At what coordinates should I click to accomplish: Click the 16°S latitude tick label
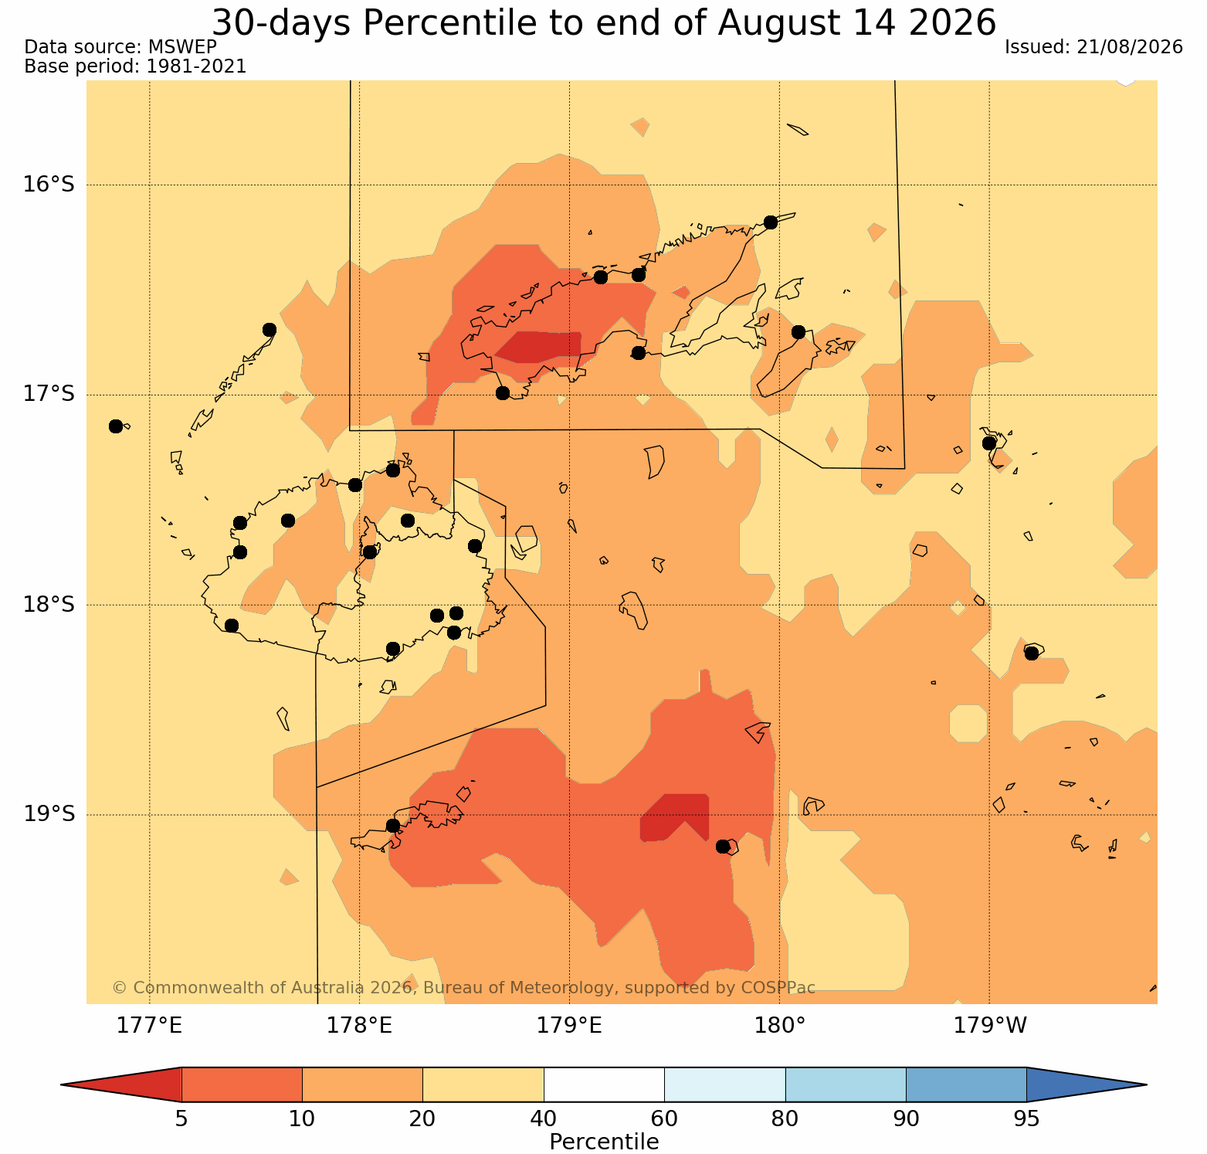pos(49,185)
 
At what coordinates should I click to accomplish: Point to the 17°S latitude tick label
pos(49,395)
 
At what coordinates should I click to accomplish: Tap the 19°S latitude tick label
pos(49,814)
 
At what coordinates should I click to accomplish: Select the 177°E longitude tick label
pos(149,1026)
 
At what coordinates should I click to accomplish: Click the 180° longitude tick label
pos(780,1026)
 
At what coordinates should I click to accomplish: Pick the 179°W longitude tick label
pos(990,1026)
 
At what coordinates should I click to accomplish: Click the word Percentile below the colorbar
pos(604,1142)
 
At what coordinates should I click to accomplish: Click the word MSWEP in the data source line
pos(182,47)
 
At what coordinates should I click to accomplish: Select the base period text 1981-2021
pos(196,66)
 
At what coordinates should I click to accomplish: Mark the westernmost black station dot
pos(116,426)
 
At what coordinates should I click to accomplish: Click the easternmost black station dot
pos(1031,653)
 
